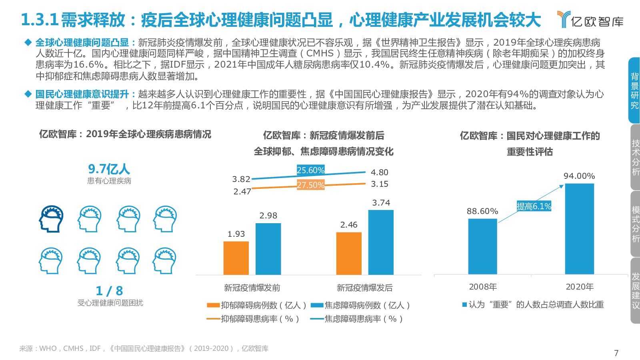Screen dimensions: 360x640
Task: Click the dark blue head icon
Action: coord(51,219)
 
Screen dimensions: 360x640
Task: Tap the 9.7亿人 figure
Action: coord(109,169)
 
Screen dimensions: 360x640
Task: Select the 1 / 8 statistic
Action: coord(109,291)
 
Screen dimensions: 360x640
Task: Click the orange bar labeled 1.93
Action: coord(236,258)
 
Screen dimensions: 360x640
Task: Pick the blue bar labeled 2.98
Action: coord(268,249)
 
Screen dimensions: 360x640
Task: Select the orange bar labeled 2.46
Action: coord(349,253)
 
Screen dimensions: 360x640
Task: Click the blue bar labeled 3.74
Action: coord(381,242)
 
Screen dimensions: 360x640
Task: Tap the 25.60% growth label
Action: coord(310,170)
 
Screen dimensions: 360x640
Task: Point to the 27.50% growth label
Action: coord(310,185)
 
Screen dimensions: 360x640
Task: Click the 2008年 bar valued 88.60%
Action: coord(482,246)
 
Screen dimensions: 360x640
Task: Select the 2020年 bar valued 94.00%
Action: coord(579,229)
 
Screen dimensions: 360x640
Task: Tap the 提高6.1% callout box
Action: coord(534,206)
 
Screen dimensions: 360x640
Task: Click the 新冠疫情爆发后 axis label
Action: coord(364,288)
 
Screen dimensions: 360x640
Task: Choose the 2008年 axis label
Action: coord(483,287)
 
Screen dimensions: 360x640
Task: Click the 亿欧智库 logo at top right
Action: coord(590,20)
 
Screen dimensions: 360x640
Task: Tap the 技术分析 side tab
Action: coord(635,157)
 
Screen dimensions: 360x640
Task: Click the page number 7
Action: coord(616,353)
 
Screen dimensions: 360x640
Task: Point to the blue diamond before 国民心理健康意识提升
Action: coord(28,94)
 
